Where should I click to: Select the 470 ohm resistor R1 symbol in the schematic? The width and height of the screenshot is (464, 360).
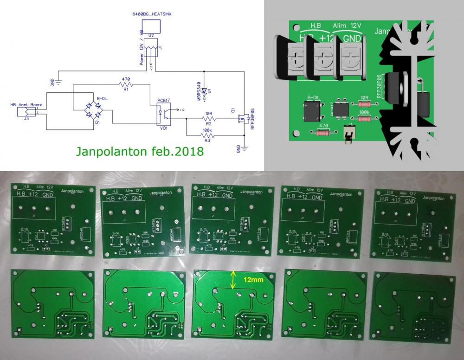coord(125,85)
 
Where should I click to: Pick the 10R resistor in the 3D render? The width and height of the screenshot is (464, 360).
coord(364,103)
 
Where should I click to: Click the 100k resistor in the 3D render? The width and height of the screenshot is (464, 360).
coord(365,119)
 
